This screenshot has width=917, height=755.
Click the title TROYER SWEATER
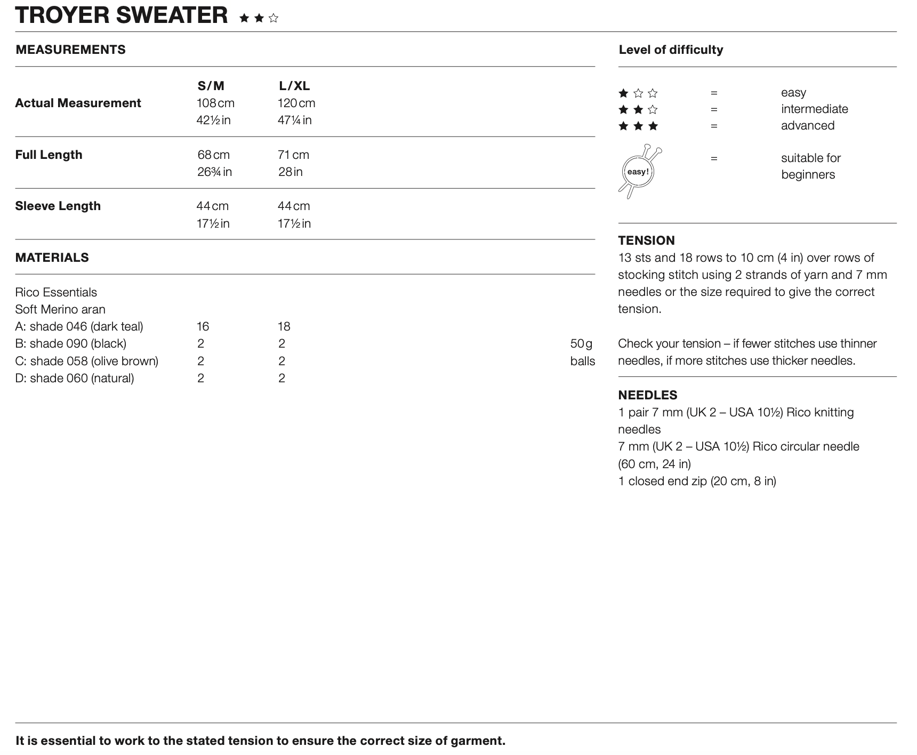(x=122, y=15)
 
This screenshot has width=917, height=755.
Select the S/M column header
(x=211, y=86)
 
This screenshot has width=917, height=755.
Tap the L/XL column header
(x=294, y=86)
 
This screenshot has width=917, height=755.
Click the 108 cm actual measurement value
(x=215, y=103)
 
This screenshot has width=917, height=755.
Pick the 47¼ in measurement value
(x=294, y=120)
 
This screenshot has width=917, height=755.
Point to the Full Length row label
(x=49, y=155)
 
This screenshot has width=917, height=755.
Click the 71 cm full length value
(x=293, y=155)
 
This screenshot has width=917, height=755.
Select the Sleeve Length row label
(x=58, y=206)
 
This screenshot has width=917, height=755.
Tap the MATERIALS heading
(x=52, y=258)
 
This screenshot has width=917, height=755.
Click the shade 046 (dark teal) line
(x=79, y=326)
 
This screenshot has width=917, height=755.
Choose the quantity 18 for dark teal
(x=284, y=326)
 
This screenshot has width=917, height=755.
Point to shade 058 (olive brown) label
(x=86, y=361)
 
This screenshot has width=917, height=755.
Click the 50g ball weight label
(x=581, y=343)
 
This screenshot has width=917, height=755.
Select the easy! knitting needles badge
(x=639, y=171)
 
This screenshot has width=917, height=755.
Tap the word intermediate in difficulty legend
(x=814, y=109)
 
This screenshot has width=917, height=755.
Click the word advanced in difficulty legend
(x=807, y=126)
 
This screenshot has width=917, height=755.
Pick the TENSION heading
(x=646, y=240)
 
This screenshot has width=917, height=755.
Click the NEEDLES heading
(x=647, y=395)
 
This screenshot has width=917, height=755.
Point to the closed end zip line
(x=697, y=481)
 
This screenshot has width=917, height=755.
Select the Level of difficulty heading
(x=671, y=50)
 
